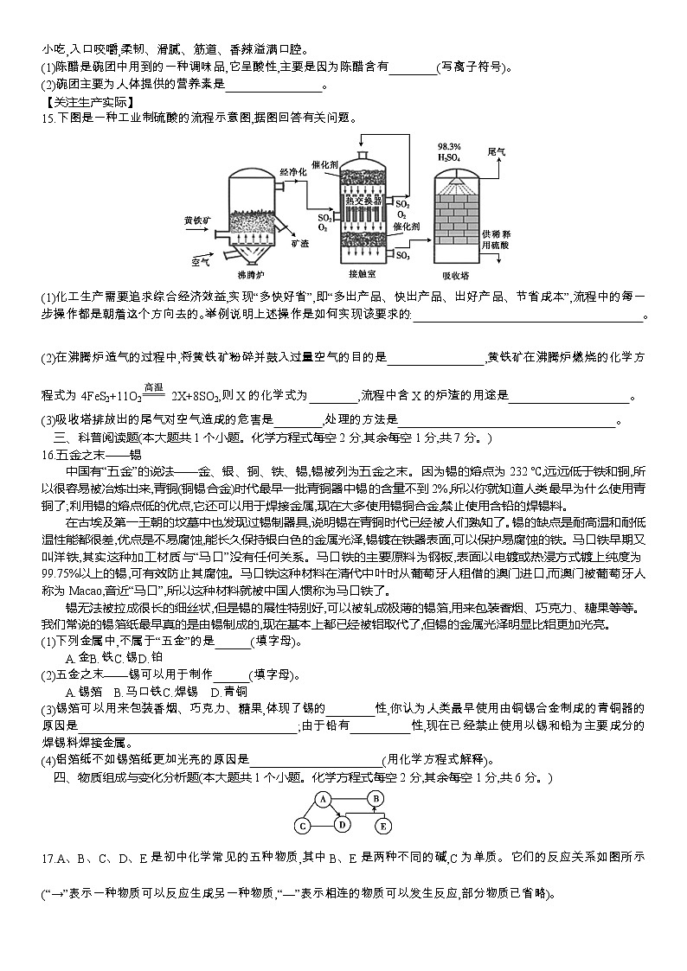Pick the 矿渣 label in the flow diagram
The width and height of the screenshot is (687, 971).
[x=300, y=245]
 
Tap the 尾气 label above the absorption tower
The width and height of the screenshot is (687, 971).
[x=497, y=151]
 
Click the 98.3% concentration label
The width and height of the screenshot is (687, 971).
[x=449, y=146]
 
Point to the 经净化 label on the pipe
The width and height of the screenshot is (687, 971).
[x=293, y=173]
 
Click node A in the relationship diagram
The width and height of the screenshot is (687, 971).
[x=324, y=800]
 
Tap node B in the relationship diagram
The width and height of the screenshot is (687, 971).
[x=376, y=799]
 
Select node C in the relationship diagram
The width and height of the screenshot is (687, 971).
[x=303, y=827]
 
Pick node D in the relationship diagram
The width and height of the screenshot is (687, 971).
[x=343, y=825]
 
